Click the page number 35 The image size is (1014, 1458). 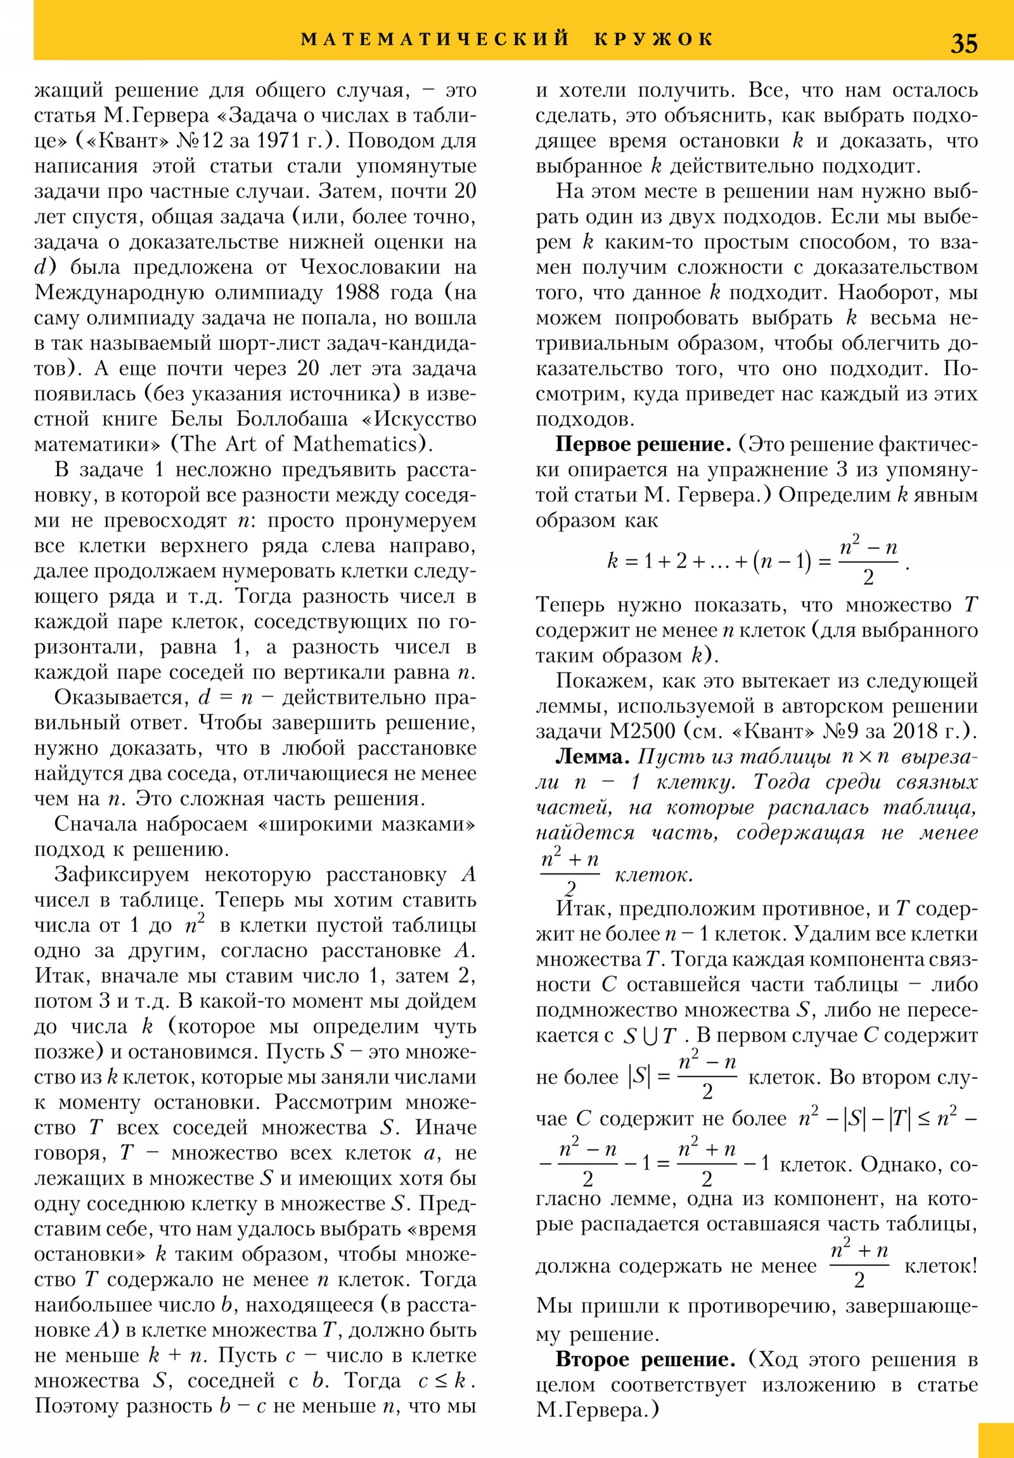click(963, 43)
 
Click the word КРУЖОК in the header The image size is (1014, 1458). click(654, 39)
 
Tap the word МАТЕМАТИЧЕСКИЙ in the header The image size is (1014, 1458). click(435, 39)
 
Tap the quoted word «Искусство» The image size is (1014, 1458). click(425, 419)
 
